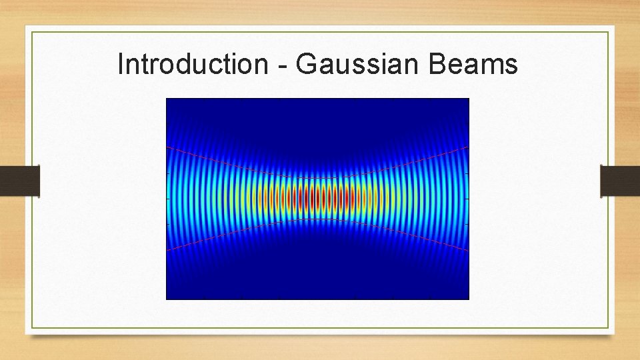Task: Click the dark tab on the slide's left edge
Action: click(20, 181)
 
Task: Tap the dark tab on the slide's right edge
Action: click(620, 181)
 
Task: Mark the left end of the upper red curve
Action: click(167, 146)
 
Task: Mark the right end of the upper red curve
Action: click(469, 146)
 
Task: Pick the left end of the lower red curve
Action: click(167, 251)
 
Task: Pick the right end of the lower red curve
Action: click(469, 251)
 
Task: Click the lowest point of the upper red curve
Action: click(317, 178)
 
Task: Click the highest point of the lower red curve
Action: click(317, 219)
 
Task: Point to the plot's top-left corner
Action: click(166, 99)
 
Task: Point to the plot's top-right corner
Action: click(469, 99)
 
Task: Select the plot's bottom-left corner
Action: click(166, 299)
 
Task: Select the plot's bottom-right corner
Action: click(469, 299)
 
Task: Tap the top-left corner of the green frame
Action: click(32, 31)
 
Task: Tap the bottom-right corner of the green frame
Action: click(609, 328)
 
